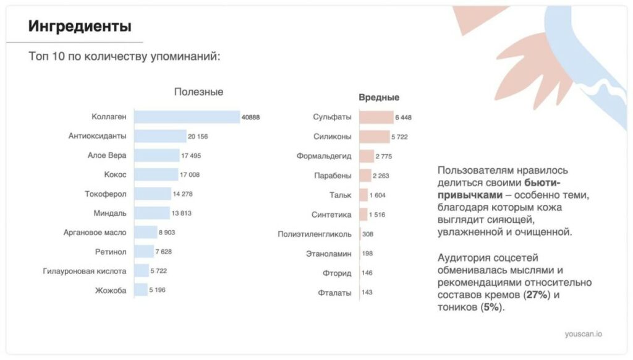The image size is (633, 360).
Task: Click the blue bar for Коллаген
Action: tap(187, 117)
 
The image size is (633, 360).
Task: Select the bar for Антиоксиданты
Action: tap(160, 136)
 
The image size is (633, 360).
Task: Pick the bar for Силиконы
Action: tap(373, 136)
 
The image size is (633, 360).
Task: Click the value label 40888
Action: tap(251, 117)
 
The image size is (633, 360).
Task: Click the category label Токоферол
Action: tap(105, 194)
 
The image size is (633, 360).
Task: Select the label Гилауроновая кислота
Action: tap(85, 271)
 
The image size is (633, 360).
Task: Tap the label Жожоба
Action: tap(111, 290)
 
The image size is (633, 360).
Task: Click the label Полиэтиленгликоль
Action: tap(315, 234)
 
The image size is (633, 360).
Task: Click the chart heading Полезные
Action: tap(198, 92)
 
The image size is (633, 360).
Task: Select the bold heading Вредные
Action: tap(379, 97)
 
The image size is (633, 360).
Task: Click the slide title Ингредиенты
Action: tap(80, 26)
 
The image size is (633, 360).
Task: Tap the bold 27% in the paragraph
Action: tap(535, 294)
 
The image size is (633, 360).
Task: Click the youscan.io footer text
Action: tap(583, 334)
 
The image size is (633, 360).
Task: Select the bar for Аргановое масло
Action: tap(145, 233)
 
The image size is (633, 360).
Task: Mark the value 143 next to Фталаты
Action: tap(367, 292)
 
